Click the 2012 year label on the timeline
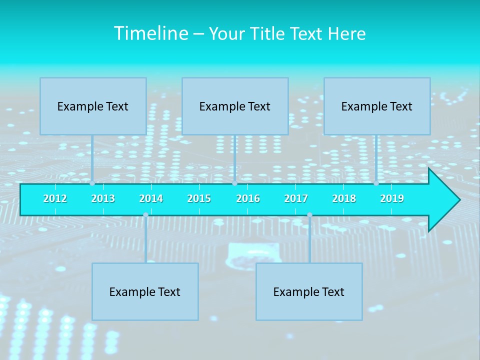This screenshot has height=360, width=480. coord(55,198)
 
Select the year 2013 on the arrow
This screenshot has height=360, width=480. coord(103,198)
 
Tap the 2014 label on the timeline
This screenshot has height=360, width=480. coord(151,198)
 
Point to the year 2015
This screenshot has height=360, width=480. coord(199,198)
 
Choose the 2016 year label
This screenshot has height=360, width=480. coord(248,198)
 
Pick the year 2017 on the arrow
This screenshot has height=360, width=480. coord(296,198)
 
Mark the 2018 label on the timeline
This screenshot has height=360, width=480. coord(344,198)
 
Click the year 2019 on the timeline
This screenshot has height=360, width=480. coord(392,198)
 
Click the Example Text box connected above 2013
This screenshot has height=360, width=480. coord(93,106)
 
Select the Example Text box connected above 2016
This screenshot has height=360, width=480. coord(235,106)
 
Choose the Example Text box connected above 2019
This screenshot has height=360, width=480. coord(377,106)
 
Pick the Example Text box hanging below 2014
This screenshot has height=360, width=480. coord(145,291)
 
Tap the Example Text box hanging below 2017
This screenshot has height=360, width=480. coord(309,291)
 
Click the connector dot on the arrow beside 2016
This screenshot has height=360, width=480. coord(234,183)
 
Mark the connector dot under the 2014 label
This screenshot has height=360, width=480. coord(145,215)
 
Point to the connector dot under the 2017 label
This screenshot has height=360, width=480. coord(309,215)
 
